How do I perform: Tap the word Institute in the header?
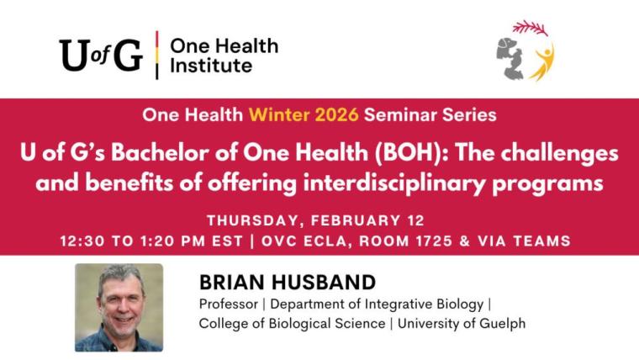point(211,66)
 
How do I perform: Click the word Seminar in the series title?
point(375,114)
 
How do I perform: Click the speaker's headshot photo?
point(119,306)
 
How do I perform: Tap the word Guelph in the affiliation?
point(506,323)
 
